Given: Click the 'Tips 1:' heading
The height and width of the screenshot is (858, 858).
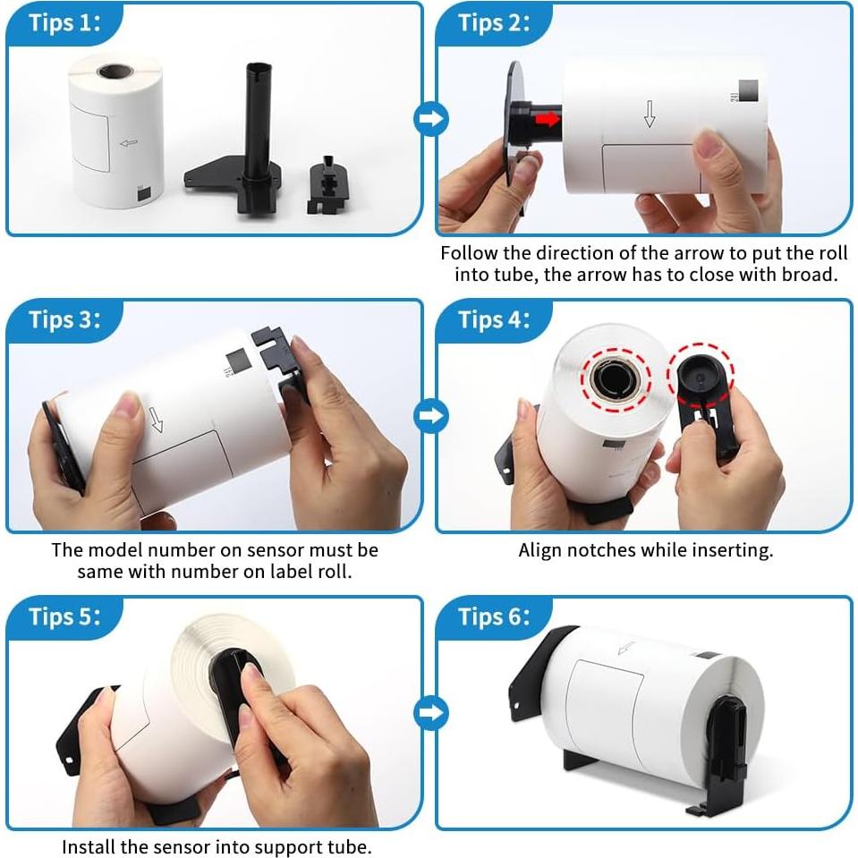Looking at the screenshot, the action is [x=64, y=23].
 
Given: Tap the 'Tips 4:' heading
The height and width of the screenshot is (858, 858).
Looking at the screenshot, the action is [x=494, y=319].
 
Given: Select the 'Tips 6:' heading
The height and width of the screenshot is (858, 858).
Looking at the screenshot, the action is [x=494, y=616].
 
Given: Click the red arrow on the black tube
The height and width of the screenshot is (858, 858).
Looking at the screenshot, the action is [x=548, y=119].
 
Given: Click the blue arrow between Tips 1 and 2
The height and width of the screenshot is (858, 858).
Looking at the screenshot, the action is [x=431, y=119].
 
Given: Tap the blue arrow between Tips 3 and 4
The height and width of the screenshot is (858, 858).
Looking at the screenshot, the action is [x=431, y=415].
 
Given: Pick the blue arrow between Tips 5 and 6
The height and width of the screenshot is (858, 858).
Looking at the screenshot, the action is [x=431, y=712].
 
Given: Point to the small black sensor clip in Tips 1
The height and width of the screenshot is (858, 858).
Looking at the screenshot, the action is [x=328, y=184].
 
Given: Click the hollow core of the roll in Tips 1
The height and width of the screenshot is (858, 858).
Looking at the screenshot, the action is [x=115, y=72].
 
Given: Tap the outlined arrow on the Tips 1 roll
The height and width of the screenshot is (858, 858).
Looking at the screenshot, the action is [x=129, y=143].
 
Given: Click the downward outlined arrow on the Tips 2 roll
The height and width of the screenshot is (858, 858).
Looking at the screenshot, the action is [x=650, y=114].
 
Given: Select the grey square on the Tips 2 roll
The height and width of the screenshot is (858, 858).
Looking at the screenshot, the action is [x=749, y=90].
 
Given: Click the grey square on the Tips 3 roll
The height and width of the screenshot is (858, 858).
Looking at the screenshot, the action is [x=239, y=361].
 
